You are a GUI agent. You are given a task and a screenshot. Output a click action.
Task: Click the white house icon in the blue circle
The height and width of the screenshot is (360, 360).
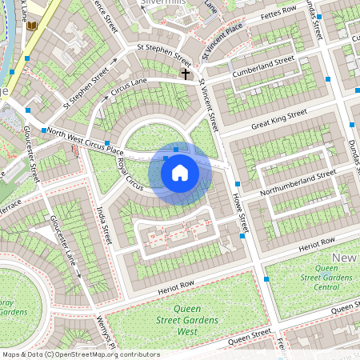[x=180, y=172]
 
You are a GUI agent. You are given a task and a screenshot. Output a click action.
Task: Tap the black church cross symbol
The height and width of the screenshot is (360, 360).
[x=186, y=74]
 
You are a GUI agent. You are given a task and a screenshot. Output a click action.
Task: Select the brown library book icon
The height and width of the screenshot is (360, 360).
[x=32, y=26]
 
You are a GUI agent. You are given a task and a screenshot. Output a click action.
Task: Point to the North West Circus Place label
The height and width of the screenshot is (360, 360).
[x=85, y=141]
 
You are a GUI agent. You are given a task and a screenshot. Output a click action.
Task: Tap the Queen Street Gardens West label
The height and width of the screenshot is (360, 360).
[x=187, y=318]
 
